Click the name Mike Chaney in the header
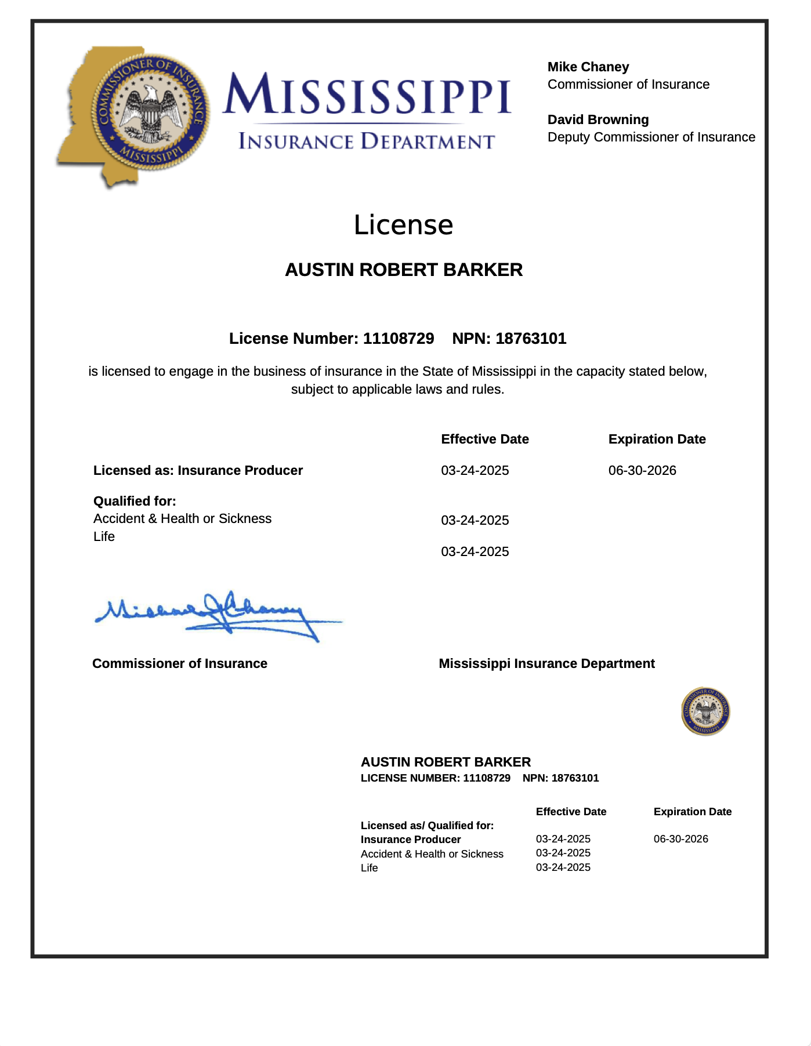pyautogui.click(x=588, y=67)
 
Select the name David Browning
pyautogui.click(x=598, y=120)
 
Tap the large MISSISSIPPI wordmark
pyautogui.click(x=367, y=94)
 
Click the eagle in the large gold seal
pyautogui.click(x=153, y=110)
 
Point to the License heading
pyautogui.click(x=403, y=225)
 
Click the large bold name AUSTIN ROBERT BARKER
pyautogui.click(x=404, y=270)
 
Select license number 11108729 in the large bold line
pyautogui.click(x=398, y=339)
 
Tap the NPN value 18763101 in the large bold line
pyautogui.click(x=530, y=339)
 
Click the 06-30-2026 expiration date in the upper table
pyautogui.click(x=642, y=471)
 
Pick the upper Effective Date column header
pyautogui.click(x=484, y=440)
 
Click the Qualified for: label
pyautogui.click(x=135, y=501)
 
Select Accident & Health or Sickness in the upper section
pyautogui.click(x=182, y=519)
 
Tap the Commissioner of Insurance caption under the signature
pyautogui.click(x=179, y=664)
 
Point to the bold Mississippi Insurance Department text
pyautogui.click(x=546, y=664)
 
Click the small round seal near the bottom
pyautogui.click(x=705, y=711)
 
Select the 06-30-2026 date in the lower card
pyautogui.click(x=680, y=839)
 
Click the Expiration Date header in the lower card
pyautogui.click(x=692, y=812)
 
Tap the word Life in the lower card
pyautogui.click(x=369, y=868)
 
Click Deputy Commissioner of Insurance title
pyautogui.click(x=651, y=137)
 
